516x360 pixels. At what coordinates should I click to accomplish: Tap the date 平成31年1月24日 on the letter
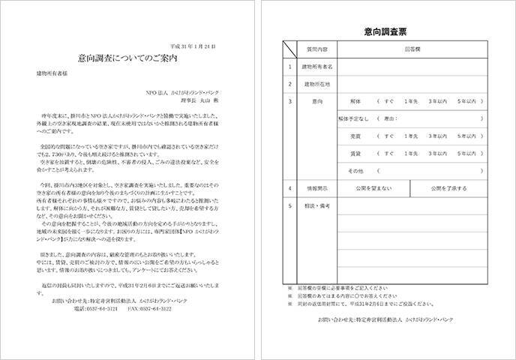click(193, 46)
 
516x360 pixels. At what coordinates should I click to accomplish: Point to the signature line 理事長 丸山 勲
click(196, 99)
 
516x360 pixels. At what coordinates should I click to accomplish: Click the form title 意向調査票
click(385, 31)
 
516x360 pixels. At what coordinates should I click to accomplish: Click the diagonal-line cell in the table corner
click(289, 49)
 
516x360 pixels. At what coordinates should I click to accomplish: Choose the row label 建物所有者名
click(317, 66)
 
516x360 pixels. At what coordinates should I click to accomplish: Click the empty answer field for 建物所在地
click(412, 83)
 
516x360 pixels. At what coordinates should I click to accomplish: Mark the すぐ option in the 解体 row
click(388, 100)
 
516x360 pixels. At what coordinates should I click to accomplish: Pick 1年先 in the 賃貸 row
click(412, 154)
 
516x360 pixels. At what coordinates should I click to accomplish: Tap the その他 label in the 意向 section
click(355, 172)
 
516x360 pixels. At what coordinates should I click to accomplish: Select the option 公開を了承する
click(448, 188)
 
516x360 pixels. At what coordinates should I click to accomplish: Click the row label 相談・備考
click(318, 205)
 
